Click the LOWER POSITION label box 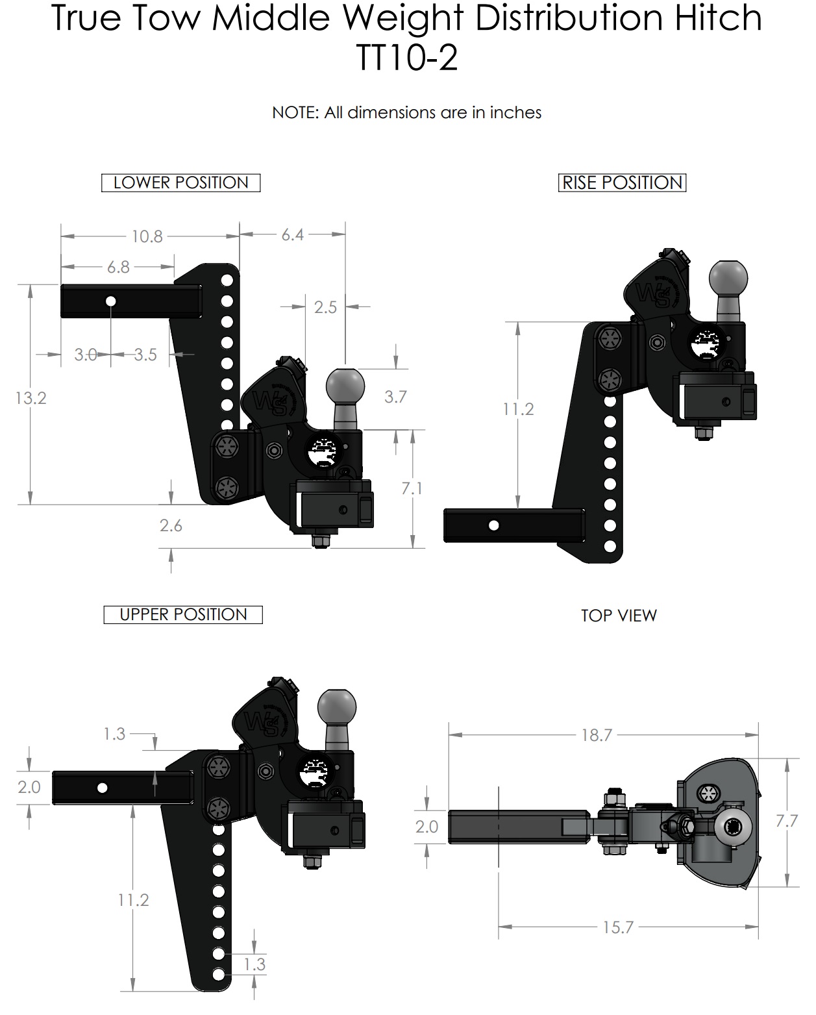pyautogui.click(x=180, y=183)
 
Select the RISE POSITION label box pyautogui.click(x=622, y=183)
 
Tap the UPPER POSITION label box pyautogui.click(x=183, y=615)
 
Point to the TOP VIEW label pyautogui.click(x=618, y=616)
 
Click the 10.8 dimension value pyautogui.click(x=147, y=236)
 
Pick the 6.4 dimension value pyautogui.click(x=292, y=235)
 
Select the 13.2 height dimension pyautogui.click(x=31, y=397)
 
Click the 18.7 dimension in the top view pyautogui.click(x=596, y=735)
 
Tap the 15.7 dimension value pyautogui.click(x=617, y=927)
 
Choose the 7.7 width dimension pyautogui.click(x=786, y=821)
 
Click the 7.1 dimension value pyautogui.click(x=412, y=488)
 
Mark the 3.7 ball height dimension pyautogui.click(x=395, y=397)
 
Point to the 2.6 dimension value pyautogui.click(x=171, y=525)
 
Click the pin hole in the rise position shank pyautogui.click(x=494, y=525)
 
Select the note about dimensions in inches pyautogui.click(x=406, y=113)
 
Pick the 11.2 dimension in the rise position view pyautogui.click(x=518, y=409)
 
